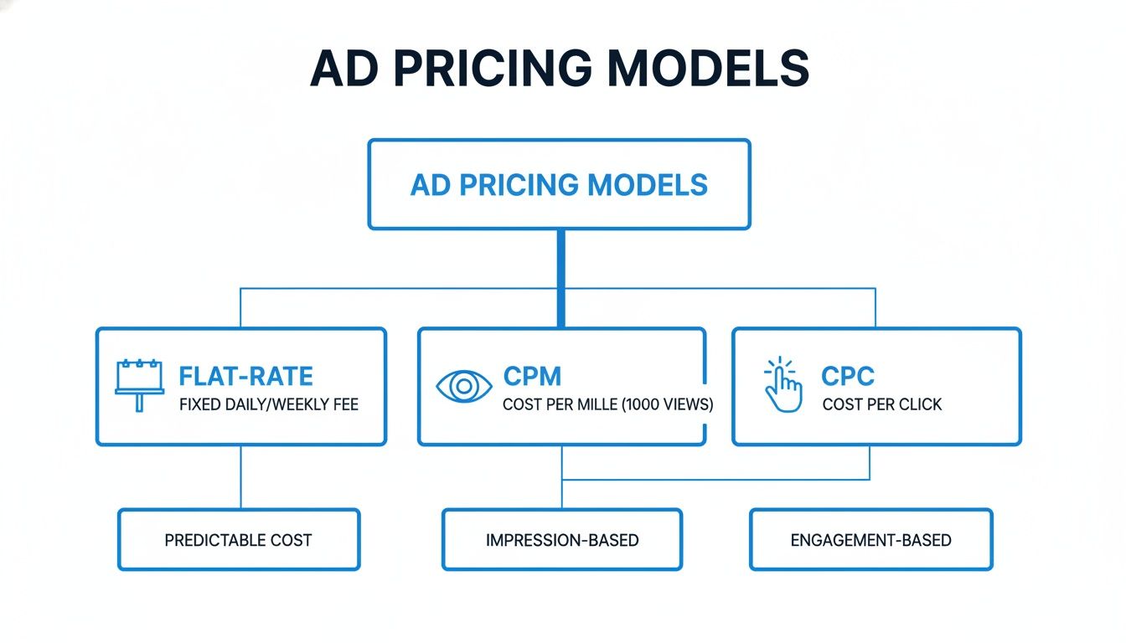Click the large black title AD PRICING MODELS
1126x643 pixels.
pos(559,69)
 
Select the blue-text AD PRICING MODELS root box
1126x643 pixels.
pos(559,185)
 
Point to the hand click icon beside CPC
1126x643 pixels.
pos(783,385)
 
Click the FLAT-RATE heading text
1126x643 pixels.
pos(245,376)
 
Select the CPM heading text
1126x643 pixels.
pos(532,376)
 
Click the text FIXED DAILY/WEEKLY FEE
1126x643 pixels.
pos(269,405)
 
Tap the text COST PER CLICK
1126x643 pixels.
pos(882,405)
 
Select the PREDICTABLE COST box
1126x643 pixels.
pos(239,540)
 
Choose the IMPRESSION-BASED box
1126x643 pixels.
pos(562,540)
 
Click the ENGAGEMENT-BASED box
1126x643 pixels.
pos(870,540)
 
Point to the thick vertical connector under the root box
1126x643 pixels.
pos(560,276)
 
